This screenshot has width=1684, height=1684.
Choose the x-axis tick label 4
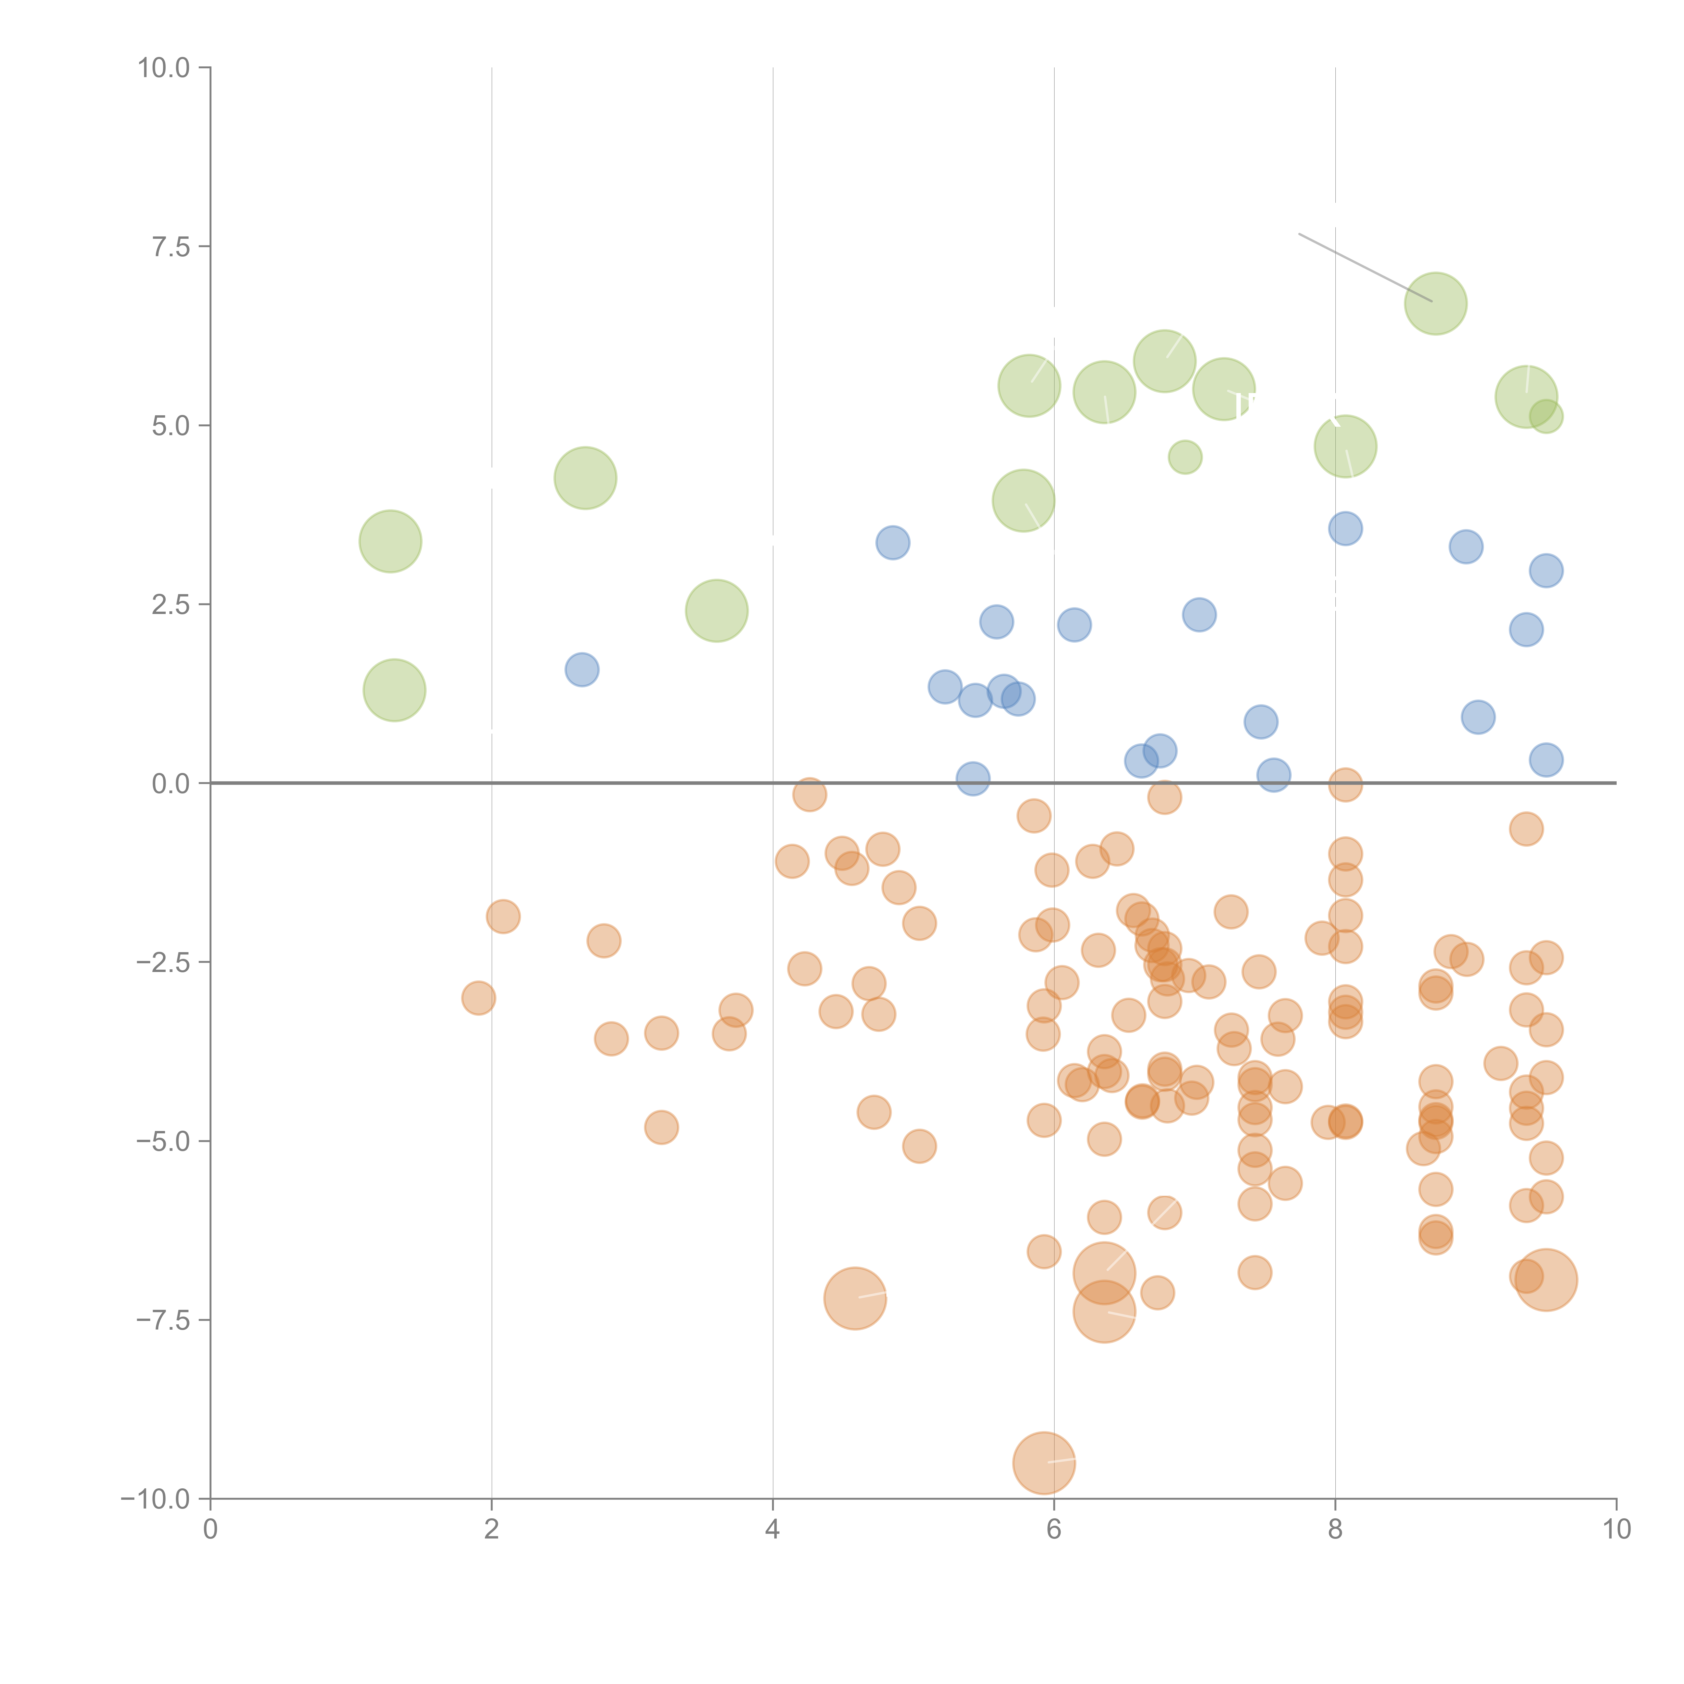click(772, 1530)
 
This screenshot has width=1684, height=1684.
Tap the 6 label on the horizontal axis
click(1054, 1530)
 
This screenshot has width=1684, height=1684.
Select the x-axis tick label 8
click(1335, 1530)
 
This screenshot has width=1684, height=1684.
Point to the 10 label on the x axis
click(1616, 1530)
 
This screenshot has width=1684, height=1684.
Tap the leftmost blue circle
click(581, 670)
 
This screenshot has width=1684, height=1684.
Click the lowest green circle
click(394, 690)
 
